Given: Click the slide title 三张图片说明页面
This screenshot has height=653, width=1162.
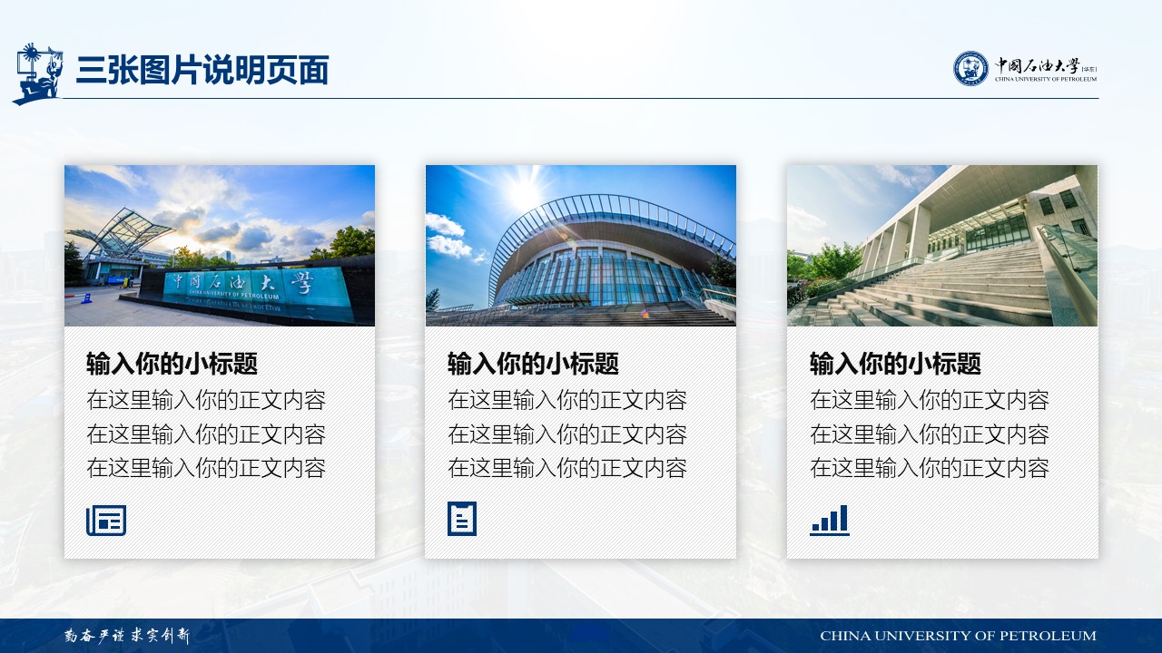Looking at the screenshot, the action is click(x=202, y=70).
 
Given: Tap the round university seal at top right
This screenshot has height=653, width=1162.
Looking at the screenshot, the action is click(x=970, y=68).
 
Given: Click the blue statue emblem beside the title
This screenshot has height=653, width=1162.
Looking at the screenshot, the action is click(x=37, y=73).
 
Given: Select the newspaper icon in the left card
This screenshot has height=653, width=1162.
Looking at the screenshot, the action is click(x=106, y=521).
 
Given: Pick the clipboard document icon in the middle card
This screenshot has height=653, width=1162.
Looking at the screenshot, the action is click(x=462, y=518).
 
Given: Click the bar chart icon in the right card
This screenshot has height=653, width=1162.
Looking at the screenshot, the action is click(x=830, y=521).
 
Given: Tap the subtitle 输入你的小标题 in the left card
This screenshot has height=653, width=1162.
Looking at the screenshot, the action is click(x=172, y=364).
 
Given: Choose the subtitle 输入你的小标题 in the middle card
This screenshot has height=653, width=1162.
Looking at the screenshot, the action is click(x=533, y=364).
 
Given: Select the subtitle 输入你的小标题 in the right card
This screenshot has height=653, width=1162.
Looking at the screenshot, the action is click(x=895, y=364).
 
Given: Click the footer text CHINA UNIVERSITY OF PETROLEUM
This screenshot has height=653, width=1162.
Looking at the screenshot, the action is click(x=958, y=636).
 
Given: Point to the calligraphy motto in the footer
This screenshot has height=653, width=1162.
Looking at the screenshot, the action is click(x=127, y=636).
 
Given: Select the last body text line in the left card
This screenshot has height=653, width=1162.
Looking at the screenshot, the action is click(x=206, y=468).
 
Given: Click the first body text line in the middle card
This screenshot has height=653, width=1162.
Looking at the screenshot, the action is click(x=567, y=400).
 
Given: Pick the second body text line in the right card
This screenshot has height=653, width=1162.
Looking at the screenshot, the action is click(x=930, y=434).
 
